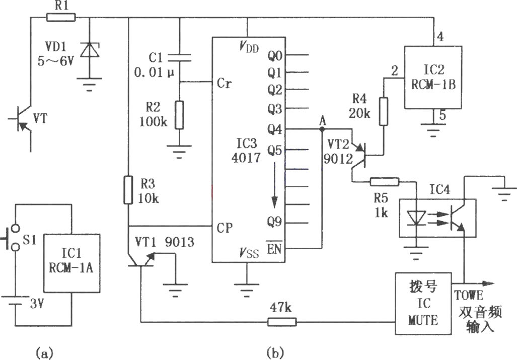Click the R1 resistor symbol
pyautogui.click(x=61, y=17)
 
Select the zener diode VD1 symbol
pyautogui.click(x=90, y=51)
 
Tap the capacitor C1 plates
pyautogui.click(x=179, y=58)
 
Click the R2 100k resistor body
pyautogui.click(x=179, y=115)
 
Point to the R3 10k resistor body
pyautogui.click(x=128, y=190)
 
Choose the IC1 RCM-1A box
pyautogui.click(x=71, y=263)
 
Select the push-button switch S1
pyautogui.click(x=12, y=238)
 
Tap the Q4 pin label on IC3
pyautogui.click(x=275, y=129)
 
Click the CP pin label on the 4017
pyautogui.click(x=225, y=228)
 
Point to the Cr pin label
pyautogui.click(x=224, y=83)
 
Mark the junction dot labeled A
pyautogui.click(x=322, y=129)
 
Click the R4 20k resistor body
pyautogui.click(x=383, y=111)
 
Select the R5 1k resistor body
pyautogui.click(x=385, y=181)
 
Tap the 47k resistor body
pyautogui.click(x=281, y=322)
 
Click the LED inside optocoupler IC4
pyautogui.click(x=416, y=218)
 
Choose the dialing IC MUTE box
pyautogui.click(x=423, y=304)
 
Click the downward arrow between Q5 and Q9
pyautogui.click(x=274, y=186)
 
